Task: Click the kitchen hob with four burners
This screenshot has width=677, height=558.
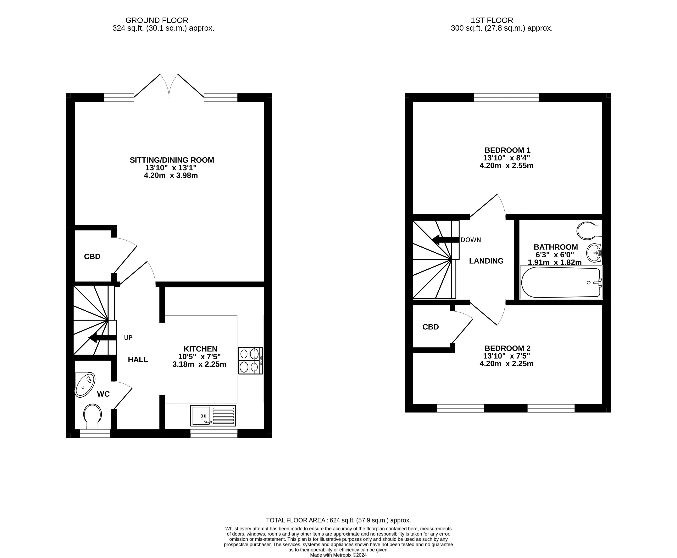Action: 250,360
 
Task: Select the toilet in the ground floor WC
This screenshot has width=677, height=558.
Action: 92,416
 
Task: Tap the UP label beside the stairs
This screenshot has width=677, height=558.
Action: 128,337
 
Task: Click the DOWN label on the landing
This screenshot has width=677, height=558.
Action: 470,240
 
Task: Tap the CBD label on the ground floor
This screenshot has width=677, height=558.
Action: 92,256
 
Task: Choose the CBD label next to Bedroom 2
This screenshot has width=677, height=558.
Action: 430,327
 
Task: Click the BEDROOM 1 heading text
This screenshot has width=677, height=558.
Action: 507,150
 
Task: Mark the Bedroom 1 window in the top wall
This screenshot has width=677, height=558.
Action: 506,97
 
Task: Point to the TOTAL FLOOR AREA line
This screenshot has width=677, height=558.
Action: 338,520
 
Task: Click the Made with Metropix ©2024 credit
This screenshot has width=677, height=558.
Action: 338,555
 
